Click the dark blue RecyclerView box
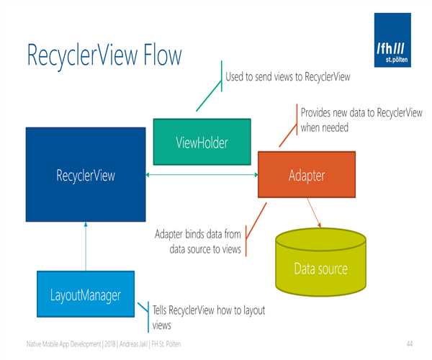(x=86, y=174)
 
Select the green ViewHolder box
(x=202, y=142)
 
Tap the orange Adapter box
(x=306, y=174)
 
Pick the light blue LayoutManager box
(x=85, y=294)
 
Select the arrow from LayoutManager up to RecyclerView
(x=86, y=245)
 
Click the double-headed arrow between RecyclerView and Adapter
(x=202, y=174)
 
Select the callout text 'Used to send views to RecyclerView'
(x=287, y=77)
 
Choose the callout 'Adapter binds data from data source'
(x=199, y=240)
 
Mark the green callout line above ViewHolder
(x=210, y=90)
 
